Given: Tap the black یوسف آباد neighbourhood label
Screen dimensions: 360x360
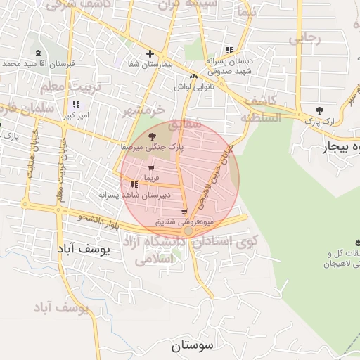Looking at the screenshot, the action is pos(84,249).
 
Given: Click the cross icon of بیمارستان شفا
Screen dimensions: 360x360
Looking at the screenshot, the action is pos(149,54).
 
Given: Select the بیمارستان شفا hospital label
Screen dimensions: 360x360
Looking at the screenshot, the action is pos(148,65).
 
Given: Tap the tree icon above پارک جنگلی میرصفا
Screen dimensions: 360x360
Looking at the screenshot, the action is pos(153,136).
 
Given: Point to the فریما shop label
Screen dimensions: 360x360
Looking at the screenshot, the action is pos(152,176).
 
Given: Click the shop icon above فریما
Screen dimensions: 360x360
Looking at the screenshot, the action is pos(152,167).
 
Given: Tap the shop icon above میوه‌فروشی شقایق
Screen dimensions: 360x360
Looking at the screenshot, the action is pos(185,212).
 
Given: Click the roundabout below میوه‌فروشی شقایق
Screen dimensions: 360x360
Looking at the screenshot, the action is pos(188,231).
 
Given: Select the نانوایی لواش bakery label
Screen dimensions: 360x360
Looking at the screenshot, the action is pos(193,86).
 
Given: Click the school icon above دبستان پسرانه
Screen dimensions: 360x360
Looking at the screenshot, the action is pos(229,50).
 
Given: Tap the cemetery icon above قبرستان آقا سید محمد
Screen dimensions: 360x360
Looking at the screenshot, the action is pos(37,53).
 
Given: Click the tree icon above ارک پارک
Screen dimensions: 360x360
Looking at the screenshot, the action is pos(320,110).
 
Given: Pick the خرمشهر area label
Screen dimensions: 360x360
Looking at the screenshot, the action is pos(143,110).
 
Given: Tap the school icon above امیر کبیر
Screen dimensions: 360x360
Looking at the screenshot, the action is pos(75,105).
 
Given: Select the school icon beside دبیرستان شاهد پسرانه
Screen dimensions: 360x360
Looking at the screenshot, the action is pos(134,184).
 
